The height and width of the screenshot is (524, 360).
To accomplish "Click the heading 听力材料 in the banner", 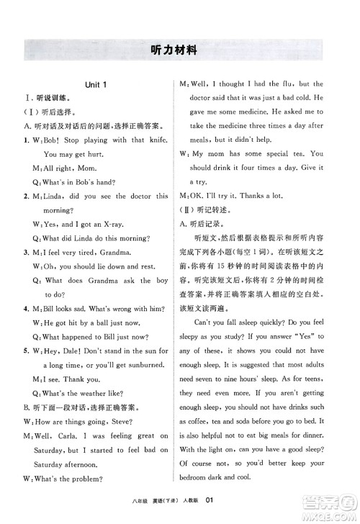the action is [179, 51].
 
